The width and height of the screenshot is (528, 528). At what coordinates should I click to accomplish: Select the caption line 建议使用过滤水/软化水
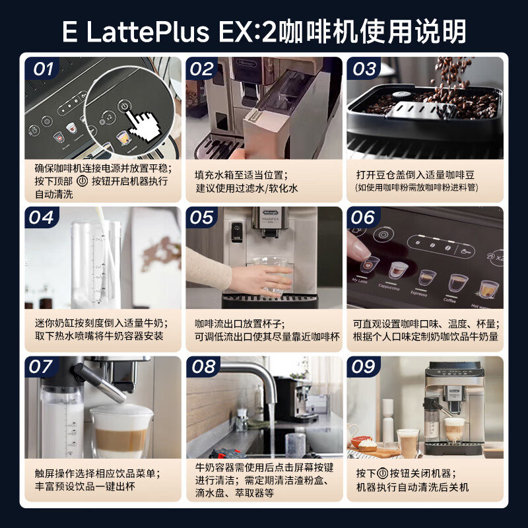click(x=246, y=188)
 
